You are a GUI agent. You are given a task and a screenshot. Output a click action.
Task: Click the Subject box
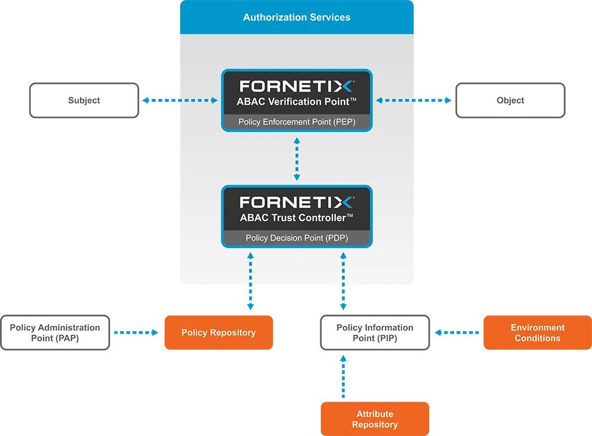pos(83,101)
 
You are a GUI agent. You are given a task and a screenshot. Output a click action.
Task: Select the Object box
pos(510,101)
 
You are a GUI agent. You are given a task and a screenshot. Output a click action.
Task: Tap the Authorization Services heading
pos(297,17)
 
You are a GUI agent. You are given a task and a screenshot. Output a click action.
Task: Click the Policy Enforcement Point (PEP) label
pos(297,122)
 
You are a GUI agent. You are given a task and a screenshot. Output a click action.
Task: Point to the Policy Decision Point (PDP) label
pos(297,238)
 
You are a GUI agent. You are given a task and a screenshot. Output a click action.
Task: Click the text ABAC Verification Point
pos(297,102)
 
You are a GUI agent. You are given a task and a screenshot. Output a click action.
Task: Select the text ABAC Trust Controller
pos(297,218)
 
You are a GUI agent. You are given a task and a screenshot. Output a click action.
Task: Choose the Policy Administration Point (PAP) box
pos(55,332)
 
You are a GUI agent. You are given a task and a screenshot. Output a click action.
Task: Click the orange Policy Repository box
pos(219,332)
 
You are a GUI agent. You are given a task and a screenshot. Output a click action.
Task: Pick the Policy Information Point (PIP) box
pos(375,332)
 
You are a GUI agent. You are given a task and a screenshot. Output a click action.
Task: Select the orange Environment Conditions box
pos(538,332)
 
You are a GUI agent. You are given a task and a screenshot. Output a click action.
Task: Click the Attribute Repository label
pos(375,419)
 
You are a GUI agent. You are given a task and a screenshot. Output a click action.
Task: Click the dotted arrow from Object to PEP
pos(397,101)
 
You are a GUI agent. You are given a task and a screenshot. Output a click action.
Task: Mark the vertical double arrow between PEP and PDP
pos(297,159)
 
